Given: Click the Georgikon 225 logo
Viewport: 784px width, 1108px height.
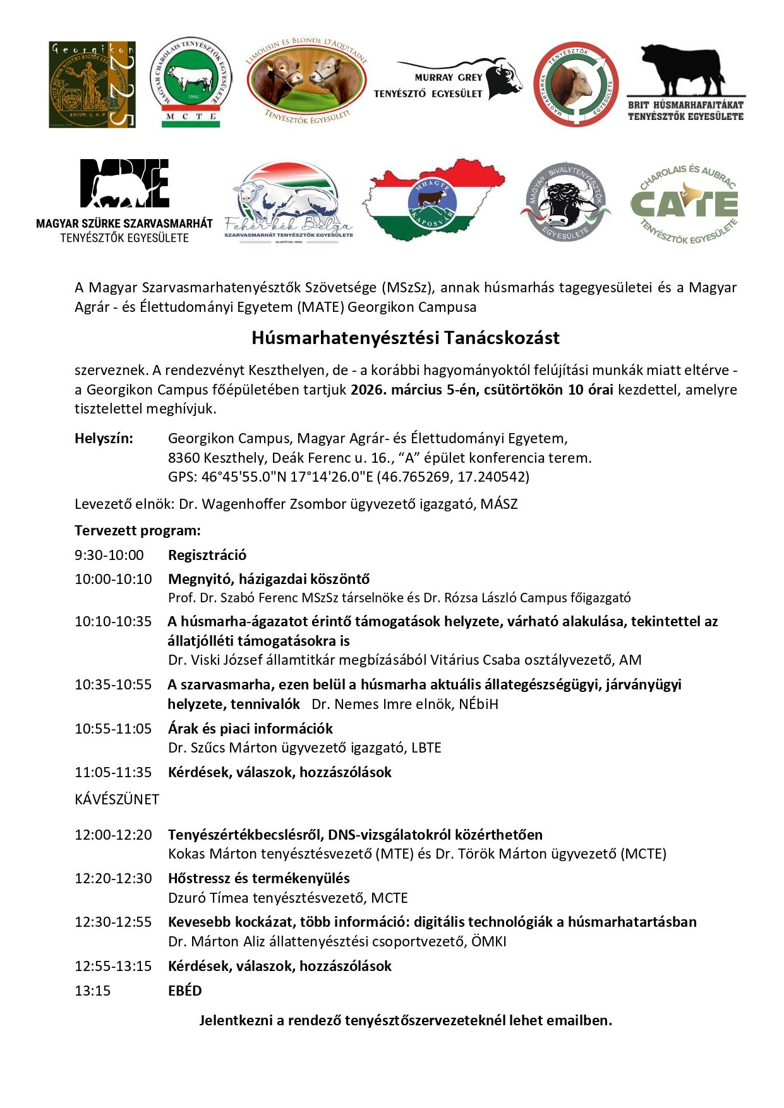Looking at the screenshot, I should click(x=92, y=85).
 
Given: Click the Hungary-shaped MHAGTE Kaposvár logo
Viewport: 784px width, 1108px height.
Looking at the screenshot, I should click(x=433, y=200).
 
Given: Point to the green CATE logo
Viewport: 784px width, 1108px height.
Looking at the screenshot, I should click(x=684, y=204).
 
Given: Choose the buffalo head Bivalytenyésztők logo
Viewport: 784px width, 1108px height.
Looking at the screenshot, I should click(x=566, y=202).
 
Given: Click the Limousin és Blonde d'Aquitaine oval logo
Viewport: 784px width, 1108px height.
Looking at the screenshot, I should click(x=307, y=81).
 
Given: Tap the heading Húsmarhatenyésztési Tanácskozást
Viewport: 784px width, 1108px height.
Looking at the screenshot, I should click(x=405, y=338).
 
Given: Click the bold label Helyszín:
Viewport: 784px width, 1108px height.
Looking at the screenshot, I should click(x=104, y=438).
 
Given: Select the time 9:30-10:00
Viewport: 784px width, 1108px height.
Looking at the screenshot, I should click(x=109, y=555).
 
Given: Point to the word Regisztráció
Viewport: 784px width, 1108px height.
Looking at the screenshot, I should click(x=207, y=555).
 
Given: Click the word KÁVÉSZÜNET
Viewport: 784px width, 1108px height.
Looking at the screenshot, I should click(x=117, y=799).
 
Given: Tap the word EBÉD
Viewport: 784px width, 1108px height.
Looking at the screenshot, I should click(x=185, y=991).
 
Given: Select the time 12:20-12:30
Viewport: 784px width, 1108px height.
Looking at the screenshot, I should click(x=113, y=878).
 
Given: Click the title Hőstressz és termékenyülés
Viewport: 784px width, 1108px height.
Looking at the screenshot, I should click(x=258, y=878).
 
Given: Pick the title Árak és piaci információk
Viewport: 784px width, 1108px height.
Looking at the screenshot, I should click(x=250, y=728).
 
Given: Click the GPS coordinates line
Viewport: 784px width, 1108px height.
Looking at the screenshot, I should click(x=348, y=477).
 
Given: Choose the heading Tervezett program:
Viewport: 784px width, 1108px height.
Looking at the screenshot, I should click(x=137, y=530).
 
